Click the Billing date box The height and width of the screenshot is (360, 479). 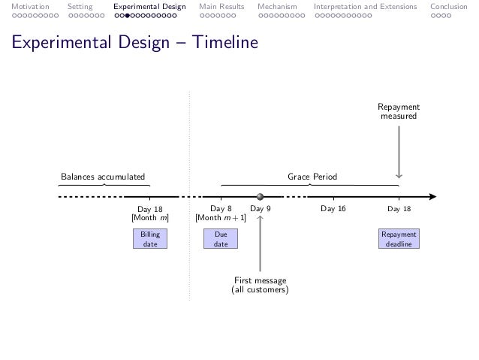[x=150, y=240]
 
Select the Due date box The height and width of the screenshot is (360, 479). [x=221, y=240]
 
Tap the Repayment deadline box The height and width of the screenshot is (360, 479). [x=399, y=240]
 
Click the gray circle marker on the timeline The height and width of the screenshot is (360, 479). [x=260, y=197]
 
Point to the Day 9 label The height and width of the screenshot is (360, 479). [x=260, y=209]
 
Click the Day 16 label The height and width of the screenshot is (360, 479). [x=333, y=209]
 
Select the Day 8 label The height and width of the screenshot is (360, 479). [x=221, y=209]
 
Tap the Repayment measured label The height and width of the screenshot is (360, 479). [x=399, y=112]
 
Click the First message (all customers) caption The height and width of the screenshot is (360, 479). [x=260, y=286]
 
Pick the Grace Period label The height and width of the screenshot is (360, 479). [x=313, y=177]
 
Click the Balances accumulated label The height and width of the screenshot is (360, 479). [x=102, y=177]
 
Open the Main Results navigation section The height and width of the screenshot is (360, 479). [x=221, y=7]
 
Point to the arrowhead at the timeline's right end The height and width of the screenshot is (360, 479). [x=432, y=197]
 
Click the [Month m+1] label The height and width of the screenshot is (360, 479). [x=216, y=219]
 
